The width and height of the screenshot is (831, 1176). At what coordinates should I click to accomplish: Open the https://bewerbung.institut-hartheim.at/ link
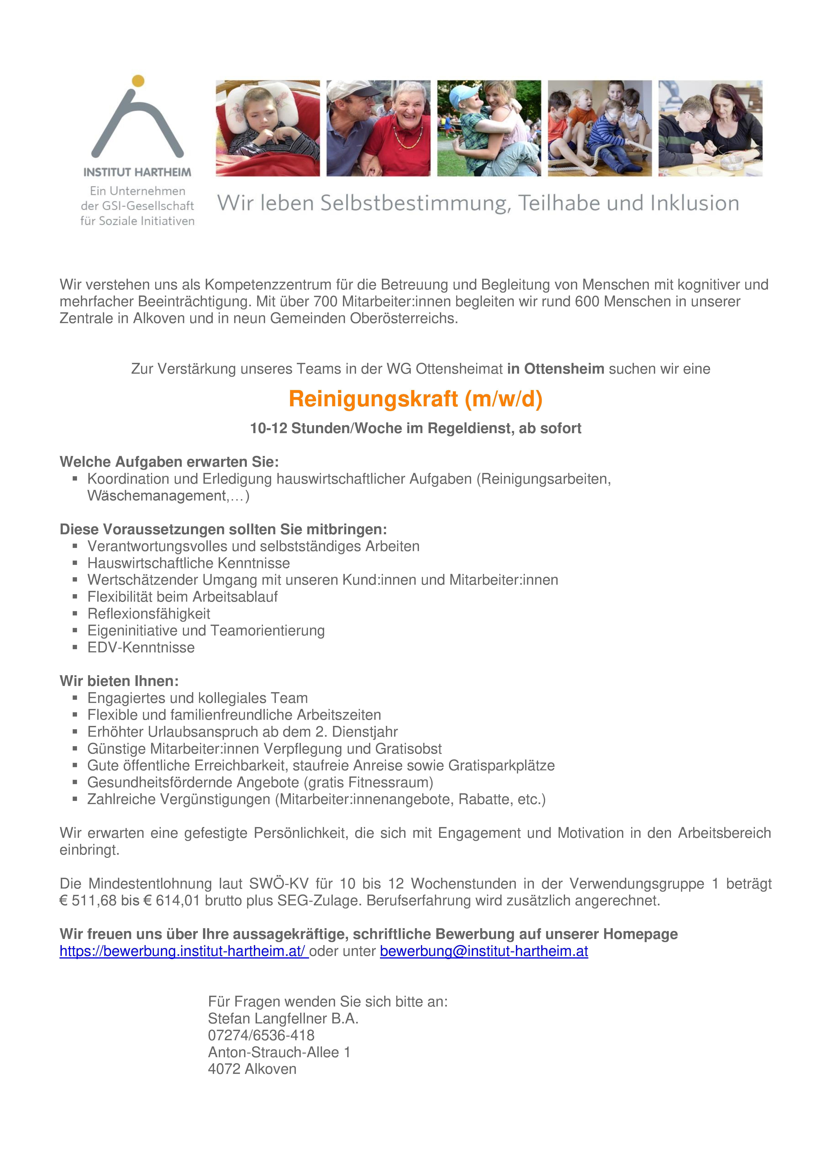tap(183, 951)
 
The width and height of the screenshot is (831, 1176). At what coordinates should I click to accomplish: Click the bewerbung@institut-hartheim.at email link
tap(484, 951)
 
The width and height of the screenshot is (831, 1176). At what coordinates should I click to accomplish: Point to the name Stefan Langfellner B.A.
tap(283, 1018)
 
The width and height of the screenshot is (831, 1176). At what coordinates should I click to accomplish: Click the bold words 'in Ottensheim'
tap(555, 369)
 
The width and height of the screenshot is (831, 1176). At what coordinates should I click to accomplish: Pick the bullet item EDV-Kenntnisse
tap(141, 647)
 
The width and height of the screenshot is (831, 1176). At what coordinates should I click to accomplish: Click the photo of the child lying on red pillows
tap(267, 128)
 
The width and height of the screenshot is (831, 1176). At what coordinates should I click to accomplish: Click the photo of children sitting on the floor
tap(599, 128)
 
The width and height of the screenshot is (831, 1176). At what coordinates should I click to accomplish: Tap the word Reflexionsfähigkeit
tap(149, 614)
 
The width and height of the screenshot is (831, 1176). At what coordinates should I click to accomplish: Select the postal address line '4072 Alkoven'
tap(252, 1069)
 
